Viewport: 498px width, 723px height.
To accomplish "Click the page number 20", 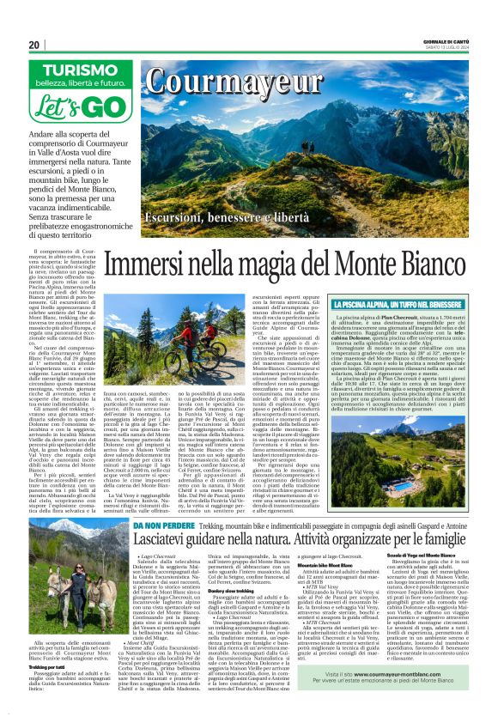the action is click(34, 45).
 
